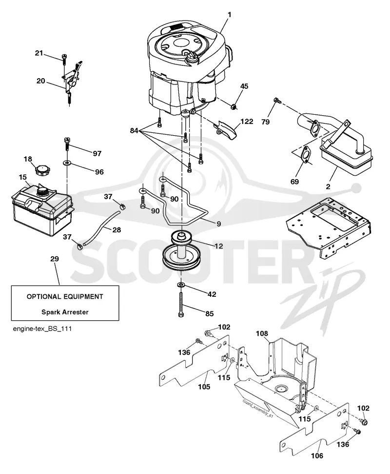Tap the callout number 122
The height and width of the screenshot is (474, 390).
[247, 121]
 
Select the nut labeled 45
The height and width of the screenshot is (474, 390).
[233, 106]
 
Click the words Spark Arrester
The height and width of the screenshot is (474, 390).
[65, 312]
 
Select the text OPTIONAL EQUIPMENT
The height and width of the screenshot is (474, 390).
[65, 296]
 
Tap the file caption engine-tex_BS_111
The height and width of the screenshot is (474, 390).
[42, 329]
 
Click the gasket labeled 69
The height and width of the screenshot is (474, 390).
[306, 154]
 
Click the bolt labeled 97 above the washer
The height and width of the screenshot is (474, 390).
[67, 144]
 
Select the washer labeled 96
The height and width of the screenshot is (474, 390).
[66, 163]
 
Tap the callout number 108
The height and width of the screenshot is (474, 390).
[262, 333]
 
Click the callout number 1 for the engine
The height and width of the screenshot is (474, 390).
[230, 14]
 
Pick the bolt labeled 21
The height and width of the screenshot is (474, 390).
[64, 59]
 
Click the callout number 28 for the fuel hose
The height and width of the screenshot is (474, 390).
[117, 230]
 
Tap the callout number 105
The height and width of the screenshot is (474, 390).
[204, 387]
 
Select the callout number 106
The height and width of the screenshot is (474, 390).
[317, 455]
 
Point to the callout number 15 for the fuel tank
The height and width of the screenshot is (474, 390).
[22, 177]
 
